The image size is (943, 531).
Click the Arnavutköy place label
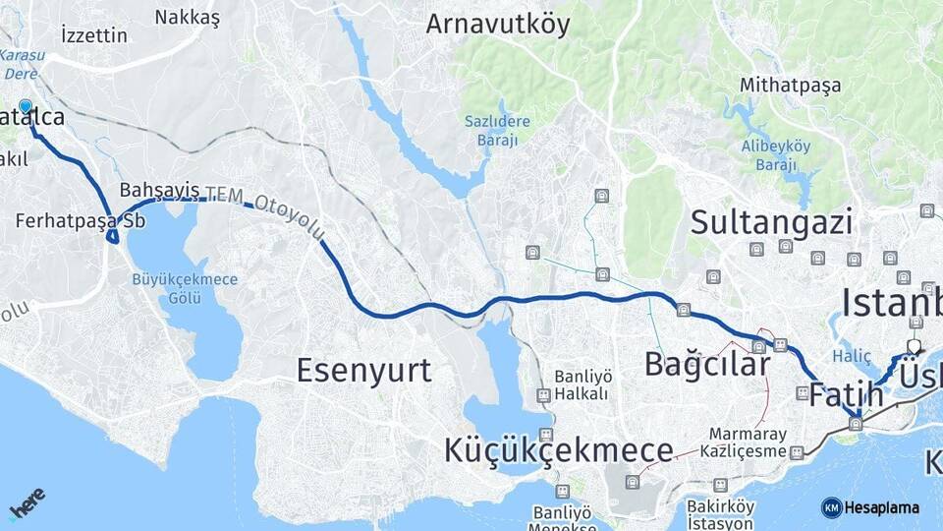pos(497,25)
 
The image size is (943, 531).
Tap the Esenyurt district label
pos(363,370)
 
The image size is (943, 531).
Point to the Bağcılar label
pos(707,364)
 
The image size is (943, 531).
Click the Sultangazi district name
pos(771,222)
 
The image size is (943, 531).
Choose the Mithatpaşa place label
pos(791,86)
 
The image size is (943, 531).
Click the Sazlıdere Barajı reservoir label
pos(497,130)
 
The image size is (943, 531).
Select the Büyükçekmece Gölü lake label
pos(185,288)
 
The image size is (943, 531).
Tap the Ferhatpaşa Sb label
pos(81,221)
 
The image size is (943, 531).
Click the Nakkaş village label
pos(187,18)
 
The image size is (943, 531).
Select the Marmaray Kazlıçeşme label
pos(749,442)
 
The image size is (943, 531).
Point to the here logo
pos(28,502)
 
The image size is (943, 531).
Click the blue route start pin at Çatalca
pos(25,107)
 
